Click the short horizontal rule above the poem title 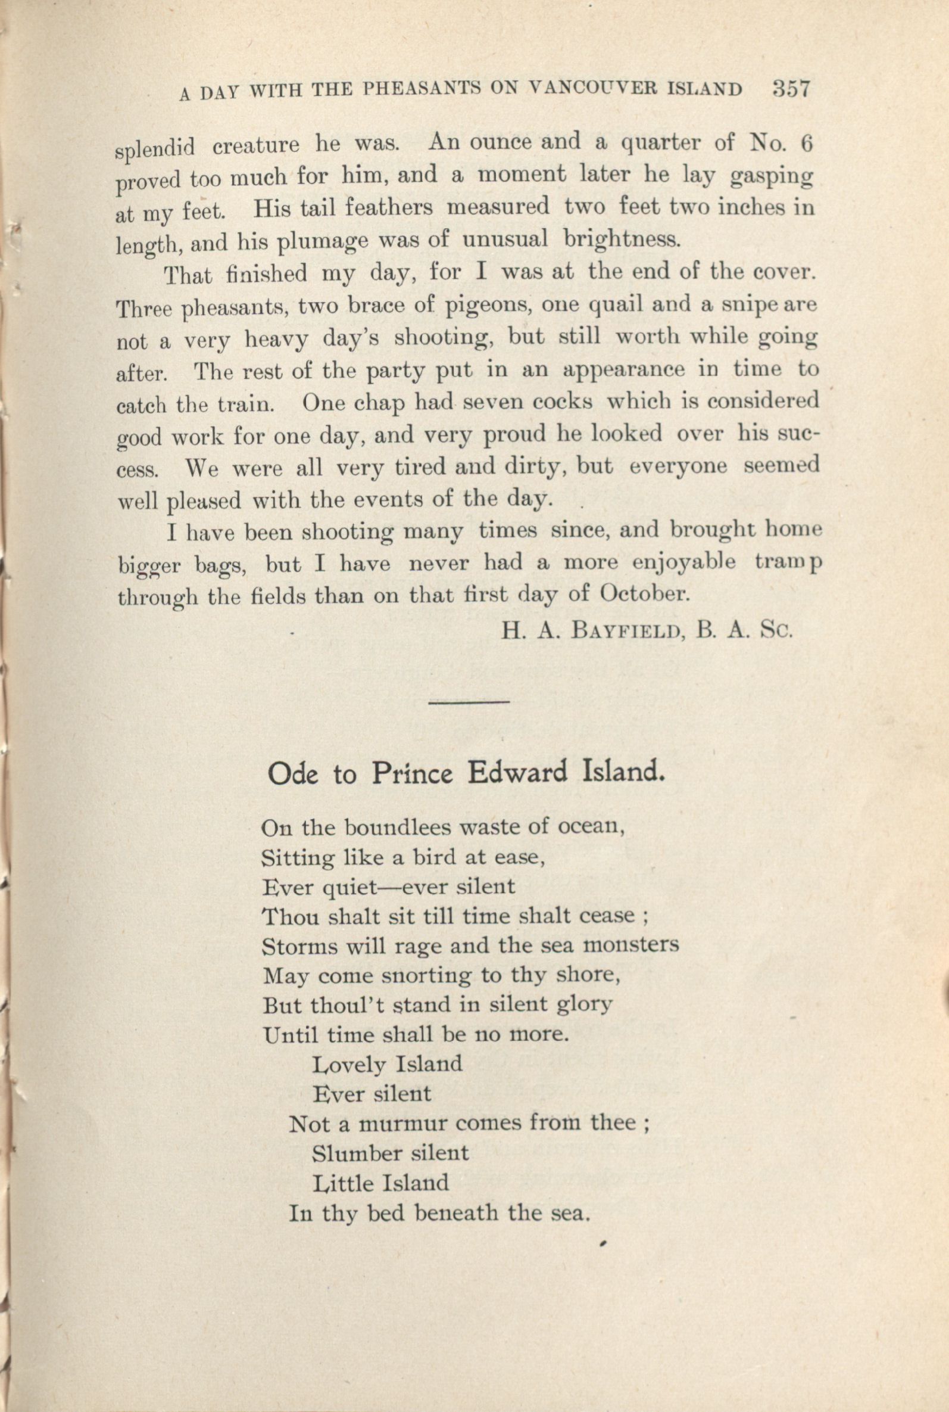(469, 702)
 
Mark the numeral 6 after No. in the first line (804, 143)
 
